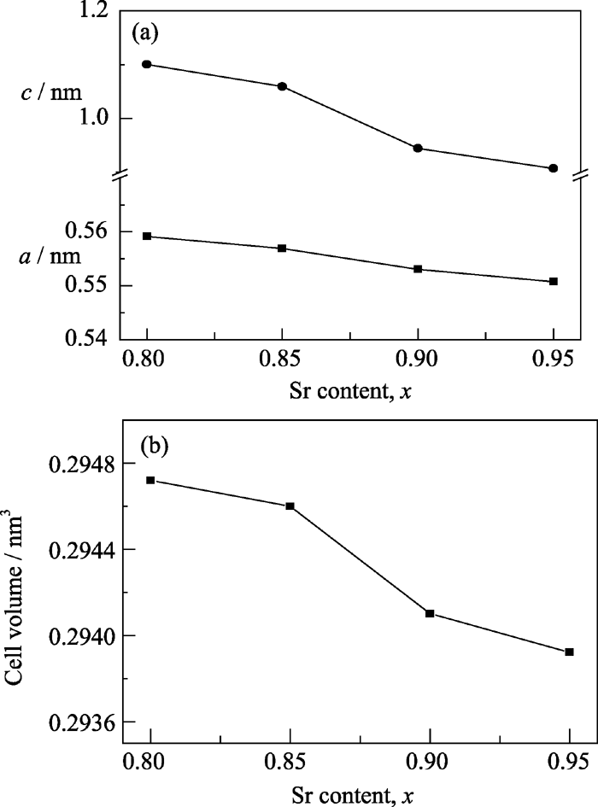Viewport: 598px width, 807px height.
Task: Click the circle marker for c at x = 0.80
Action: coord(147,64)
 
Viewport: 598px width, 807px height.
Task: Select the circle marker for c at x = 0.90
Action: coord(418,148)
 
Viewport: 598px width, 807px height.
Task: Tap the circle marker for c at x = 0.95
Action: coord(554,168)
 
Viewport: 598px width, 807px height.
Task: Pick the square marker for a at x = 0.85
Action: coord(282,249)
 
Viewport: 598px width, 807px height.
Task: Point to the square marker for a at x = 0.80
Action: coord(147,236)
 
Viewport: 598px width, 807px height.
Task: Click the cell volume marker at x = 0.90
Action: coord(430,613)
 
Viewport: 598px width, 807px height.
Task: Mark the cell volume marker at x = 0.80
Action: coord(150,480)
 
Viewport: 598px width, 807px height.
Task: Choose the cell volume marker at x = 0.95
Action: coord(569,652)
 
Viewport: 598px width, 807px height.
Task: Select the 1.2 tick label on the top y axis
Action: coord(94,11)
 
